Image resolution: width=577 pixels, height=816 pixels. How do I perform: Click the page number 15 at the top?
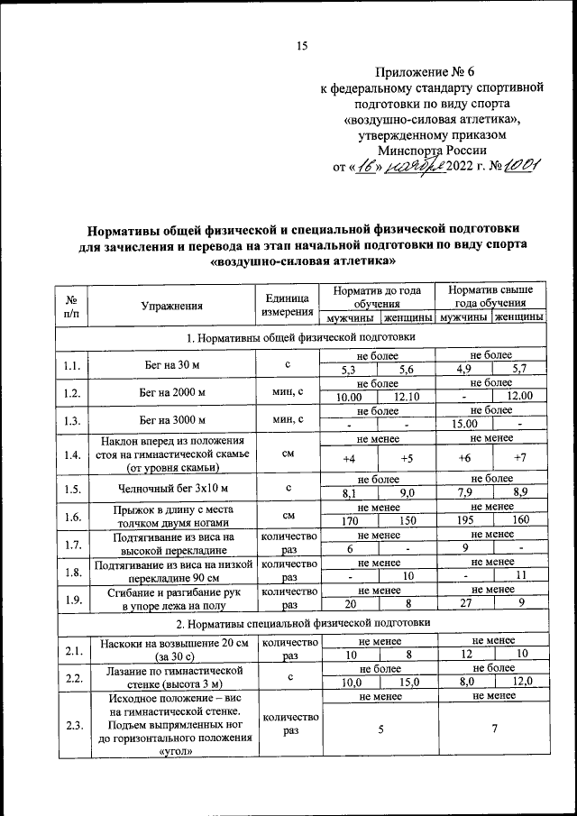coord(302,47)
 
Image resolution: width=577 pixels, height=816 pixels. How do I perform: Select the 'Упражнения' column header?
coord(171,306)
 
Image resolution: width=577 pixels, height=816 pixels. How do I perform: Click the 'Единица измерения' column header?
coord(286,306)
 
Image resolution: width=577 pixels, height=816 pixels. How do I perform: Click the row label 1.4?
coord(72,454)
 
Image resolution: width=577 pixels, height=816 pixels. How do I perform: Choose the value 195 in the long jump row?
coord(463,521)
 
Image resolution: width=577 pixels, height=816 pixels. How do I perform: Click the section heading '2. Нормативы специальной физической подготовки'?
coord(300,623)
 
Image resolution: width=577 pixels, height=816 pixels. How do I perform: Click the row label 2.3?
coord(72,725)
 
